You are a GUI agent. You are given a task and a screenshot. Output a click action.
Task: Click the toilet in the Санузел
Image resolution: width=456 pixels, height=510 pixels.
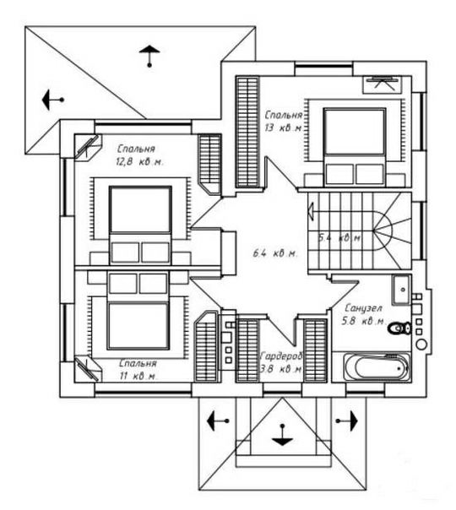[x=399, y=328]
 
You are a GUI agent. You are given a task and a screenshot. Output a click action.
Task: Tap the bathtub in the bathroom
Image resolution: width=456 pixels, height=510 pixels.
[x=377, y=367]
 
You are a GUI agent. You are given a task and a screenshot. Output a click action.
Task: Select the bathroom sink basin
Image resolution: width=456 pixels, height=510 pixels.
[x=402, y=290]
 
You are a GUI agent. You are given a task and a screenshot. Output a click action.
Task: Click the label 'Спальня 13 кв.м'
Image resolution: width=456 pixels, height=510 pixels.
[x=283, y=122]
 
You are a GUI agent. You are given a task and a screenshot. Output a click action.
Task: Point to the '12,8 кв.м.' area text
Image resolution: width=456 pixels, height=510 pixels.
[x=139, y=161]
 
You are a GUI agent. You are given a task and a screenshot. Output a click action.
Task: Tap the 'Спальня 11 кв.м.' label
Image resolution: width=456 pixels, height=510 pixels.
[x=138, y=370]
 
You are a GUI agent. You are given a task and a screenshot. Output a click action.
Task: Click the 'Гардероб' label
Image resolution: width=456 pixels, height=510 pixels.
[x=282, y=356]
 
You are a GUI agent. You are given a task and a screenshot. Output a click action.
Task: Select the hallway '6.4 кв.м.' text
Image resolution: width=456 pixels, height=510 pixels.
[x=275, y=253]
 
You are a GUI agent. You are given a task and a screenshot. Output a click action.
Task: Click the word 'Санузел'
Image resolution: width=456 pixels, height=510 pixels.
[x=363, y=308]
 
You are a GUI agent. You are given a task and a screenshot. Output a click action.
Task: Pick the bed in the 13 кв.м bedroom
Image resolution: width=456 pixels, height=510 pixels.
[x=355, y=147]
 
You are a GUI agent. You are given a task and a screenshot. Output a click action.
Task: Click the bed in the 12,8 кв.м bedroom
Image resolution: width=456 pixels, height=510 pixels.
[x=140, y=225]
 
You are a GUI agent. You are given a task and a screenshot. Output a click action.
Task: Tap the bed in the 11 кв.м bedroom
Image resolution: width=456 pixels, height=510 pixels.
[x=138, y=312]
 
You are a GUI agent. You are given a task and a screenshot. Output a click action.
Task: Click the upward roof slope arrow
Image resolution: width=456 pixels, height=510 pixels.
[x=149, y=56]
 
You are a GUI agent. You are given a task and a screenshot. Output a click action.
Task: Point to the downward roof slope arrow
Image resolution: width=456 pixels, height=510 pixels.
[x=282, y=435]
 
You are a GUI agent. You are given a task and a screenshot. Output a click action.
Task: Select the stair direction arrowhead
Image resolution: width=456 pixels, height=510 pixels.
[x=311, y=210]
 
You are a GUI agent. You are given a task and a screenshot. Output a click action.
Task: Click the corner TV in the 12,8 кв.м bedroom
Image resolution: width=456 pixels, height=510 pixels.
[x=88, y=147]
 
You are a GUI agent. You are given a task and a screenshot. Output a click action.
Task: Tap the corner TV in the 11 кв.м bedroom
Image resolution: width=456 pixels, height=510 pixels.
[x=87, y=368]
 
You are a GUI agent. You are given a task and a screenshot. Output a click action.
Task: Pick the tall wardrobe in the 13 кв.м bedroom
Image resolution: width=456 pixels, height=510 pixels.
[x=247, y=132]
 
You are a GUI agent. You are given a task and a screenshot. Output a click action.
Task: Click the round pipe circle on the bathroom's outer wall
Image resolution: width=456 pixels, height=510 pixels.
[x=421, y=345]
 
